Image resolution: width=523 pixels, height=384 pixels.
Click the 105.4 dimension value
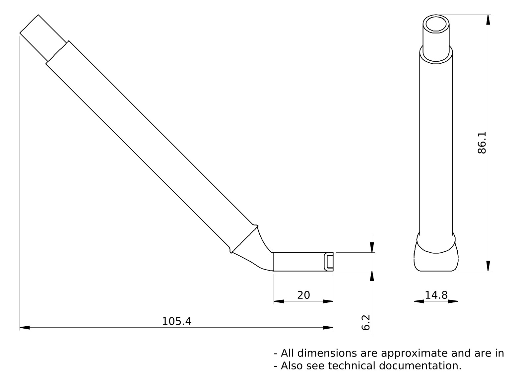(176, 321)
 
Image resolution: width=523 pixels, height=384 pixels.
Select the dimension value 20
(303, 295)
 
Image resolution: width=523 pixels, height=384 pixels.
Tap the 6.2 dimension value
(365, 323)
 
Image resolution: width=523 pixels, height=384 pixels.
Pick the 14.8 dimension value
(436, 295)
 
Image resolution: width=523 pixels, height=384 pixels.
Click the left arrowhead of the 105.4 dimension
(25, 328)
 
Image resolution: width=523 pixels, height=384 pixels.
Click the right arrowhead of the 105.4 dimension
(328, 328)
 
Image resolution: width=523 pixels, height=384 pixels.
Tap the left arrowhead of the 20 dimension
(279, 301)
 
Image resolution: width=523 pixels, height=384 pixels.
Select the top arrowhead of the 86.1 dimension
(488, 20)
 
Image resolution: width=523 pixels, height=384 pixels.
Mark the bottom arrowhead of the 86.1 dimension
(488, 266)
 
